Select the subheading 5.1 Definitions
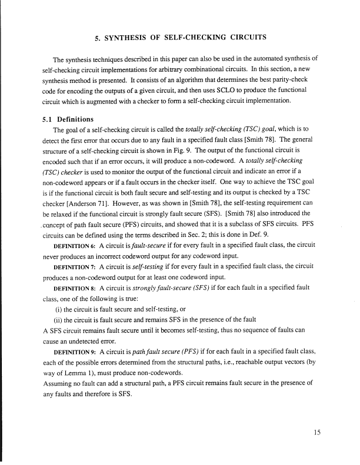tap(68, 119)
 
